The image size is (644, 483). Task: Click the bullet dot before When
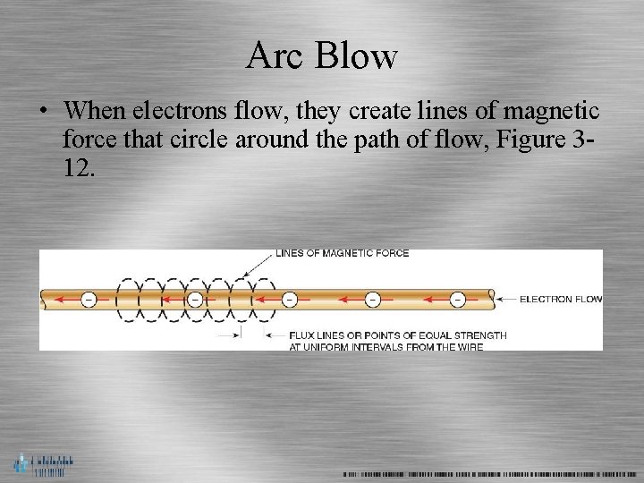coord(43,112)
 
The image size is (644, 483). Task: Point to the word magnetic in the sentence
coord(551,111)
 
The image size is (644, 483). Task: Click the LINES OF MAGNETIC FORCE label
coord(342,253)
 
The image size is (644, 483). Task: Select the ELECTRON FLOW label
coord(561,299)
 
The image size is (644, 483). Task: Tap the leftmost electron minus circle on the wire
coord(89,299)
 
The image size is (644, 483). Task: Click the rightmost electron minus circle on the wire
coord(458,299)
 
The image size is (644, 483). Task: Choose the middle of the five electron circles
coord(289,299)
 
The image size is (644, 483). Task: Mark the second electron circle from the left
coord(194,299)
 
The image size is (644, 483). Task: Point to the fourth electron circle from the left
coord(373,299)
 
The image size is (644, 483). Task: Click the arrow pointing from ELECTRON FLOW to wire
coord(506,299)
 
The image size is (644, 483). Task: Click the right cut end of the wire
coord(490,299)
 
